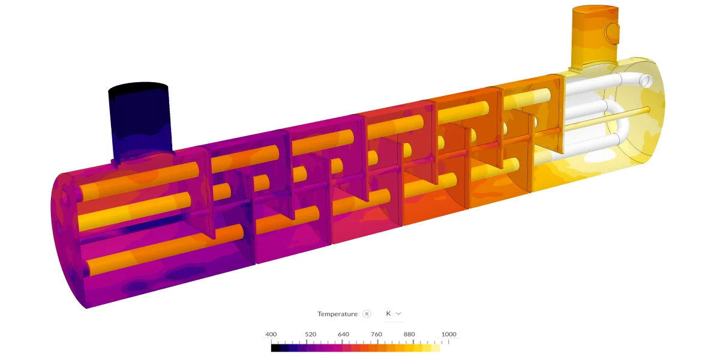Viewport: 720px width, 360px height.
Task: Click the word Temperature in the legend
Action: pos(337,314)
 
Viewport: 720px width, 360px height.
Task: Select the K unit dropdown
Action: pos(393,313)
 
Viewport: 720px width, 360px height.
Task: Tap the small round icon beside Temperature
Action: pos(367,314)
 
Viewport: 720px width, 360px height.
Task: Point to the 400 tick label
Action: pos(271,334)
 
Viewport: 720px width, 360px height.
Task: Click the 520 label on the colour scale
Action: pos(310,334)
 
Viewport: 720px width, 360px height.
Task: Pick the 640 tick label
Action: pos(343,334)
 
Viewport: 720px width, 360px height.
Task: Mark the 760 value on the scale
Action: pos(376,334)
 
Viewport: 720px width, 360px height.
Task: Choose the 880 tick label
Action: pos(409,334)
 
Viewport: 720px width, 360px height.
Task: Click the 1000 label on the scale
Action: pos(448,334)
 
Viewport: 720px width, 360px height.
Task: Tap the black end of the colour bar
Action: pos(275,347)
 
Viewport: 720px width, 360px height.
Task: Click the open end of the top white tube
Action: pos(645,80)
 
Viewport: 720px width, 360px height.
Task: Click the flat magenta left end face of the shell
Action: pos(66,240)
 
